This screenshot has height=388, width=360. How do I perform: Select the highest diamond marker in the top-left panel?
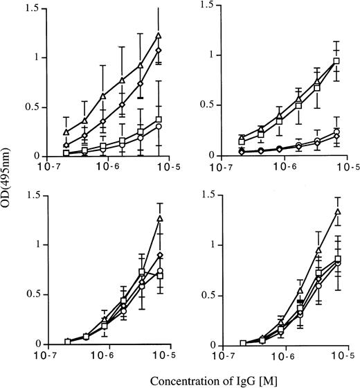tap(159, 51)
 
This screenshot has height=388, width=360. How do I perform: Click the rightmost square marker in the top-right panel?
tap(336, 61)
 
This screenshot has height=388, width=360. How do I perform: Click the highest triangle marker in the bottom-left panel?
tap(160, 218)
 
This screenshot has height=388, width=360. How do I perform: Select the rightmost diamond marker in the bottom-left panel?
tap(160, 256)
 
